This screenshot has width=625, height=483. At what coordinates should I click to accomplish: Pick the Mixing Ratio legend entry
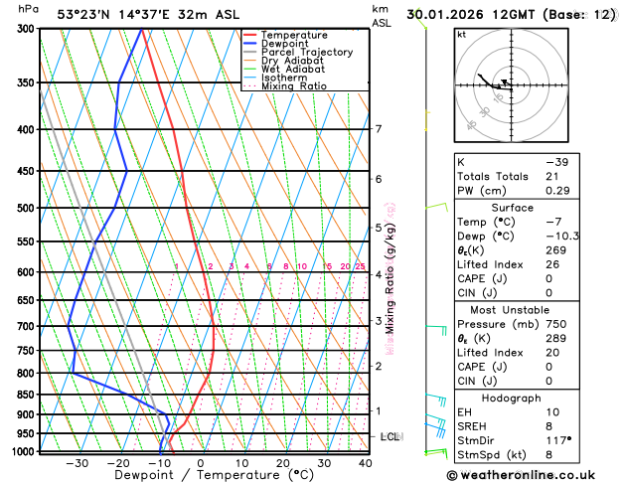click(x=293, y=86)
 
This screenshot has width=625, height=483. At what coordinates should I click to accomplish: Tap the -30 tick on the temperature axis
click(x=77, y=462)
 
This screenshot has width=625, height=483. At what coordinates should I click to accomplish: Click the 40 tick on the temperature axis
click(x=365, y=462)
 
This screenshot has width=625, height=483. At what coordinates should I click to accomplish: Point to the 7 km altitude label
click(x=379, y=129)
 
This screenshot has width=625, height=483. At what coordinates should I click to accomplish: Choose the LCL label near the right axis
click(x=391, y=436)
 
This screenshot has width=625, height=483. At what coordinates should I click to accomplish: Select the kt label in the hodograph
click(x=460, y=34)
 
